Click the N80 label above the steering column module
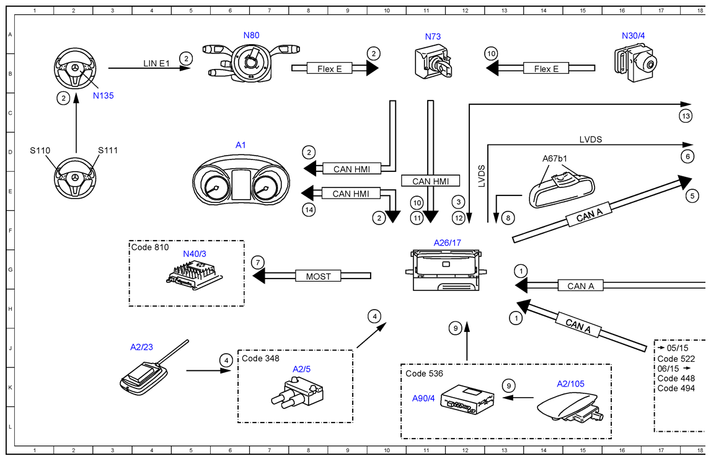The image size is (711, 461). pos(251,35)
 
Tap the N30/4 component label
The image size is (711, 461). pos(633,36)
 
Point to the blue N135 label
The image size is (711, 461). pos(104,96)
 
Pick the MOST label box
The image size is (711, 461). pos(318,276)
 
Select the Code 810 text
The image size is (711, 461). pos(149,247)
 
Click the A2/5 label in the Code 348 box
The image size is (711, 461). pos(302,369)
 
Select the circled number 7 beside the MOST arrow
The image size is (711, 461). pos(258,262)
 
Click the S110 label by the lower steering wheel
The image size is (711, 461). pos(40,150)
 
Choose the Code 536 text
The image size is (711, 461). pos(425,374)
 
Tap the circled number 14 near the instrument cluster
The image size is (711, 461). pos(309,210)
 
